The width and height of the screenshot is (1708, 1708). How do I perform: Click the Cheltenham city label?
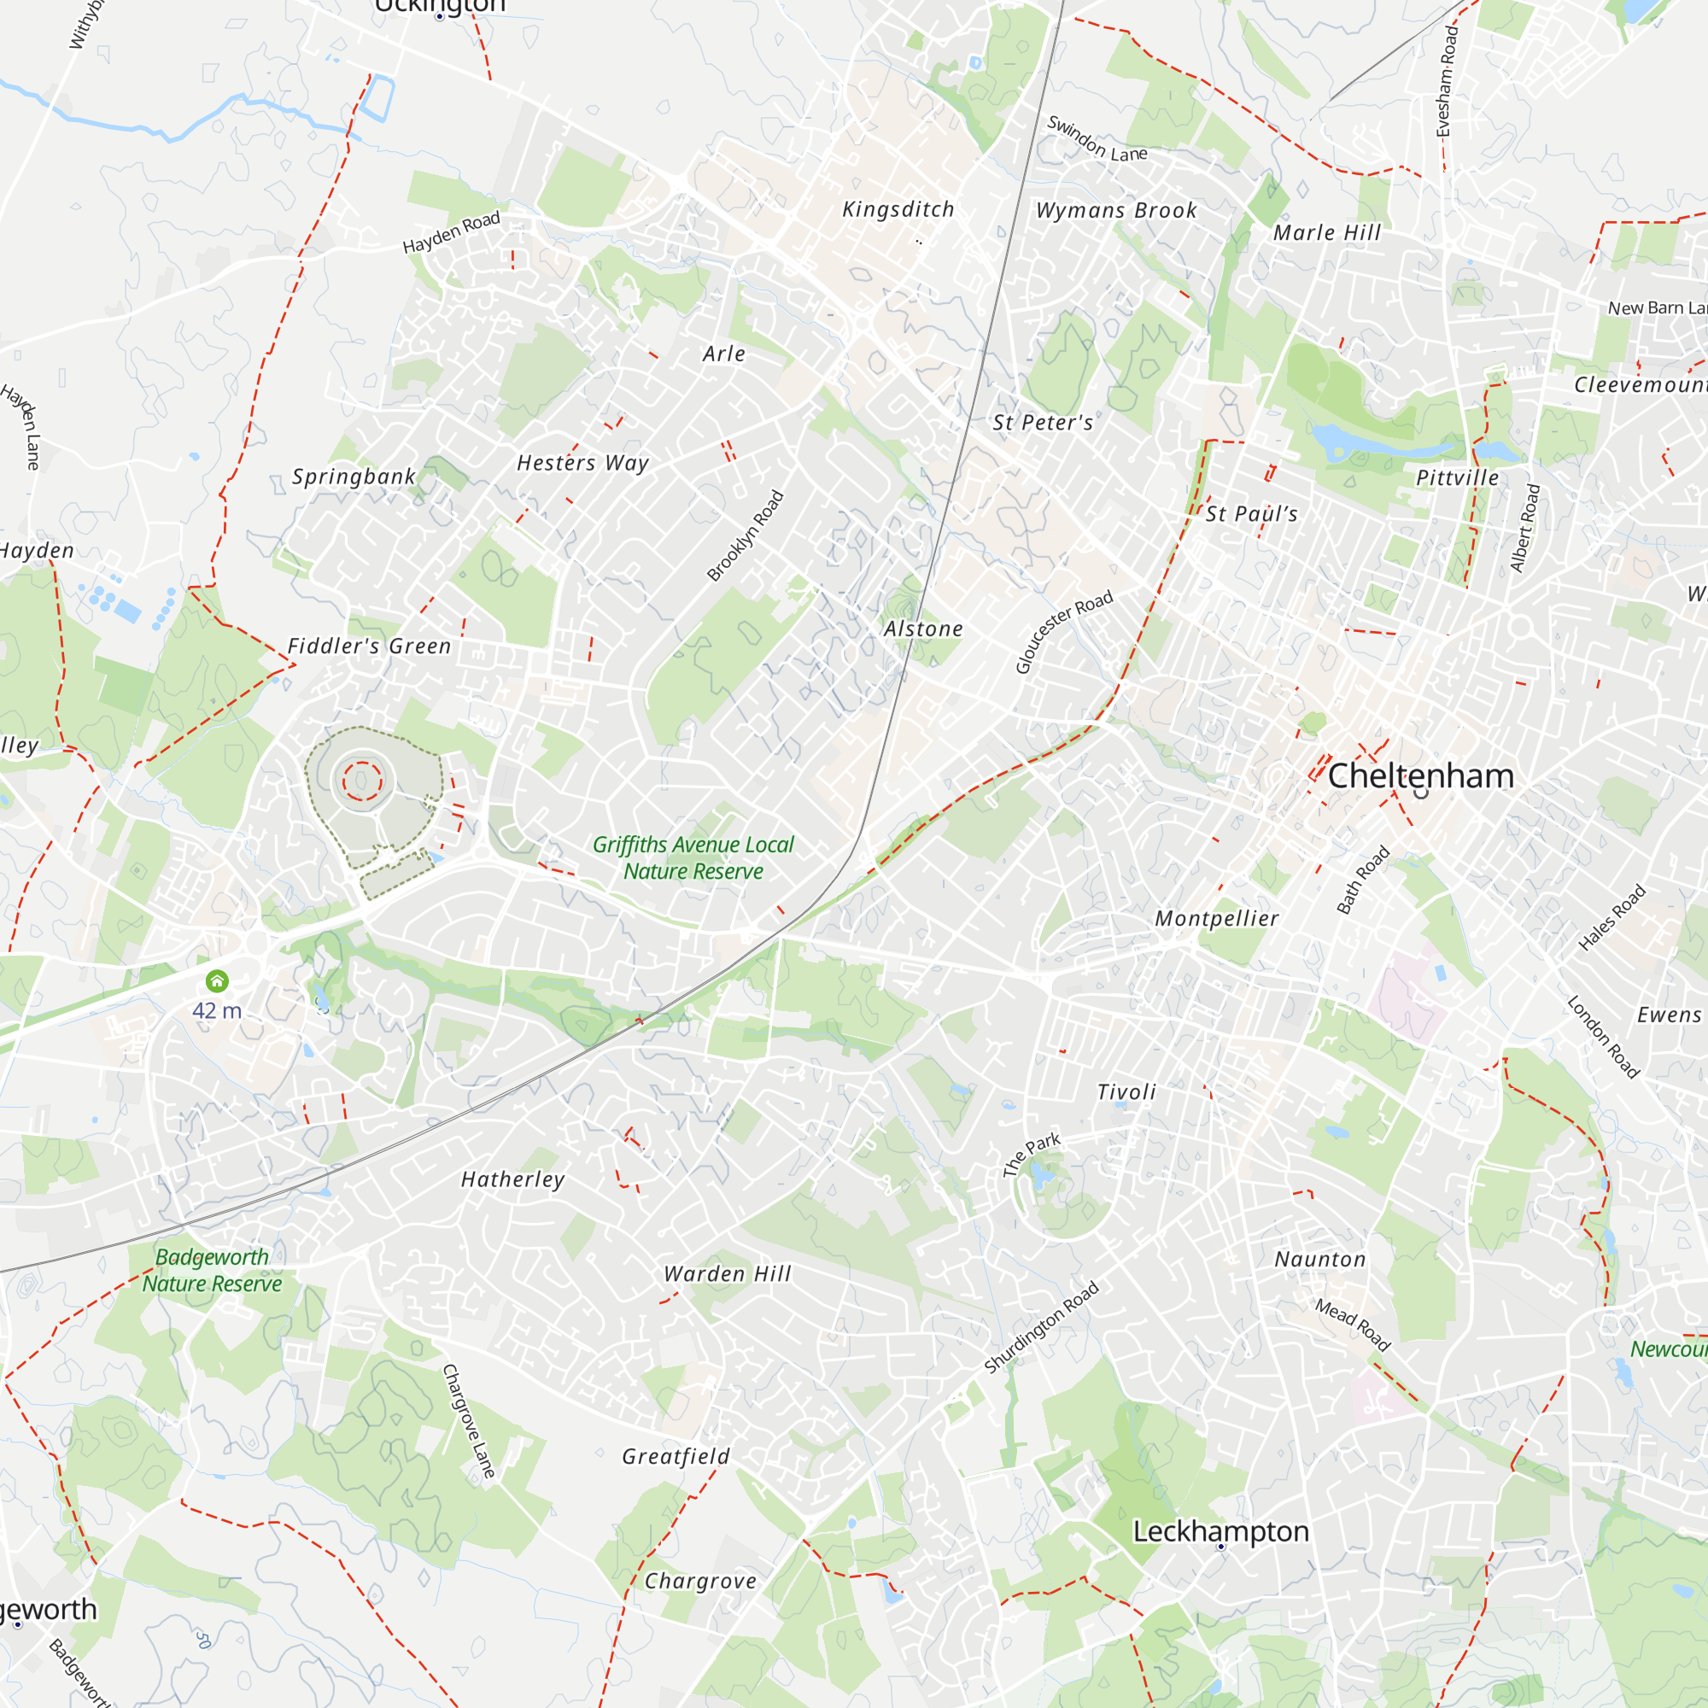[1421, 776]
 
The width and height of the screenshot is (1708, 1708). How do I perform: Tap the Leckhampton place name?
[1220, 1531]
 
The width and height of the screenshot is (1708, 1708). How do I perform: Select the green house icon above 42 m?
[217, 980]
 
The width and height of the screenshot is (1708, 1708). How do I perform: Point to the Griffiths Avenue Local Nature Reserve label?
[693, 857]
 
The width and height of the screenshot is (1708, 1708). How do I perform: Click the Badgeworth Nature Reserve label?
[212, 1271]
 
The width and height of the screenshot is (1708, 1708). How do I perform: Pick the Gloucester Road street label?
[1063, 632]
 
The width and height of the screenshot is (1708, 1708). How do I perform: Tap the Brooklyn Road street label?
[746, 535]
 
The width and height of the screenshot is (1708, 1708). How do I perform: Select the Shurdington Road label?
[1041, 1327]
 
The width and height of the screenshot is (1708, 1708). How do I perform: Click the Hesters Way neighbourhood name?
[582, 462]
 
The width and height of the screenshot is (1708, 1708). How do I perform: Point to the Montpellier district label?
[1216, 919]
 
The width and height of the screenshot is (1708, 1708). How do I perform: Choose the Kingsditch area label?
[898, 209]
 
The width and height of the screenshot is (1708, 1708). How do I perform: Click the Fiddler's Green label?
[370, 646]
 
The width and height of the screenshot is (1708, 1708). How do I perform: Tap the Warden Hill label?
[728, 1274]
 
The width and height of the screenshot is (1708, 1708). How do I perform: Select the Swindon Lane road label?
[1097, 140]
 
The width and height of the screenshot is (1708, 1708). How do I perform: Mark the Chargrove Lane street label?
[469, 1421]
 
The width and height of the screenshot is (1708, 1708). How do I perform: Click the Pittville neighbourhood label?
[1458, 478]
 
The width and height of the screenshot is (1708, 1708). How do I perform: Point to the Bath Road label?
[1362, 880]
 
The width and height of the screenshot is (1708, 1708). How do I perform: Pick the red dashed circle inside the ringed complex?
[361, 781]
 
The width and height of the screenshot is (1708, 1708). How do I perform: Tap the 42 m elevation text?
[217, 1010]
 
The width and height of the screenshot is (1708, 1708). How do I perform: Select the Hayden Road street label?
[451, 232]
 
